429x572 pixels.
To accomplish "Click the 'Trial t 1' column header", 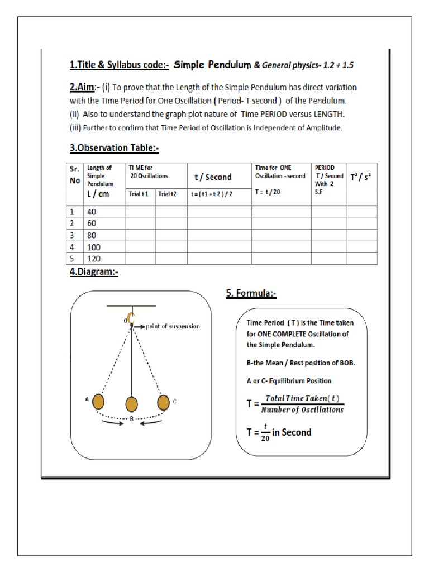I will point(140,194).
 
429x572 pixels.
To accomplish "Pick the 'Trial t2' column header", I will point(168,194).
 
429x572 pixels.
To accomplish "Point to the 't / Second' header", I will point(212,177).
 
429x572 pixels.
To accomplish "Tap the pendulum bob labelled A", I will point(98,402).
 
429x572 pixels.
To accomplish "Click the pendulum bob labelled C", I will point(163,402).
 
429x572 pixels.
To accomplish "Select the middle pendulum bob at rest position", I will point(131,403).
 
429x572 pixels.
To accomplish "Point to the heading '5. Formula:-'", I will point(251,294).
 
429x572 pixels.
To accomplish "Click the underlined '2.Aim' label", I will point(82,88).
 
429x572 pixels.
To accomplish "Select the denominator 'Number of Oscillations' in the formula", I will point(303,409).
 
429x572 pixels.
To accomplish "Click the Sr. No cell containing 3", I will point(71,235).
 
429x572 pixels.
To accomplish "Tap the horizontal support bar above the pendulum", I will point(132,306).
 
